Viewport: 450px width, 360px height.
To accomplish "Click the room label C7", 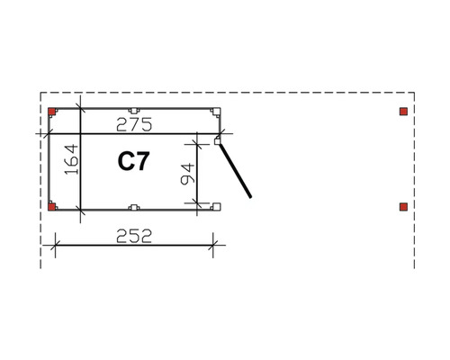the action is click(x=133, y=161).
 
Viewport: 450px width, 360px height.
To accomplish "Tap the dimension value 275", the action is click(x=134, y=124).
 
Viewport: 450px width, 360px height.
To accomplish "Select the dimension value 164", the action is click(x=71, y=159).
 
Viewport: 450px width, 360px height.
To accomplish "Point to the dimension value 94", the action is click(x=188, y=174).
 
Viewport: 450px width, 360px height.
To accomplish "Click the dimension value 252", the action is click(x=134, y=236).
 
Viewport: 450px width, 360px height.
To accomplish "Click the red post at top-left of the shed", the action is click(x=52, y=112).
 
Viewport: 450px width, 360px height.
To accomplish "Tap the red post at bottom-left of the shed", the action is click(x=52, y=207).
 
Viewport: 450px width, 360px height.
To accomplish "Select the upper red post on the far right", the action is click(x=403, y=112).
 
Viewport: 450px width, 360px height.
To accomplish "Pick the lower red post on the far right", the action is click(x=403, y=207).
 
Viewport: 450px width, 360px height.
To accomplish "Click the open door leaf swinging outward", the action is click(x=235, y=171).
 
